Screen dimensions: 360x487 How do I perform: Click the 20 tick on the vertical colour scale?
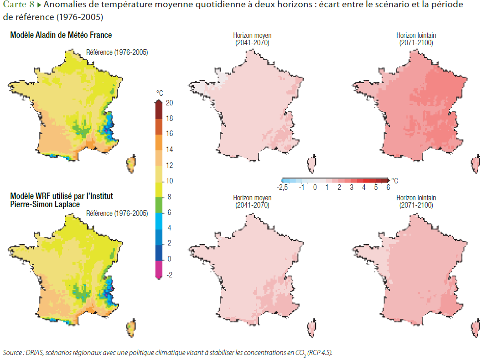169,103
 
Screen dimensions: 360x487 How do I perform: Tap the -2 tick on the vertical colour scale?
169,275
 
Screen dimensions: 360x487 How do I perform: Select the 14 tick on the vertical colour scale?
169,150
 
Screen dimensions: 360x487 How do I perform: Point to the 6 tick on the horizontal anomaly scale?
388,187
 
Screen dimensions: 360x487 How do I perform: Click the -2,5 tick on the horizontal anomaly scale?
283,187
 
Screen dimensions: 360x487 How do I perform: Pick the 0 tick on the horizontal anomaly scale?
315,187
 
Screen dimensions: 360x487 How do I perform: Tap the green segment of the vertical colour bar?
159,204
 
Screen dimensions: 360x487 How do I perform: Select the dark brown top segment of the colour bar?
159,110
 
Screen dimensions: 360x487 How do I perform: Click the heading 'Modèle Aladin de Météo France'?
61,35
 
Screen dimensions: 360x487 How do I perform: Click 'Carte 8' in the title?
19,5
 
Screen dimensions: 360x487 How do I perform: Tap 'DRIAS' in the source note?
33,353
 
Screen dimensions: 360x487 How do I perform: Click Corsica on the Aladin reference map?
131,163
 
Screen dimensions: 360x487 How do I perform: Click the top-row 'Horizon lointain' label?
416,35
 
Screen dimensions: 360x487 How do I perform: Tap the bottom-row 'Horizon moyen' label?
252,198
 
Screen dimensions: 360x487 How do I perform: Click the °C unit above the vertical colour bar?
159,93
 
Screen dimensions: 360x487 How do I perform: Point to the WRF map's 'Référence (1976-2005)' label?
117,213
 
